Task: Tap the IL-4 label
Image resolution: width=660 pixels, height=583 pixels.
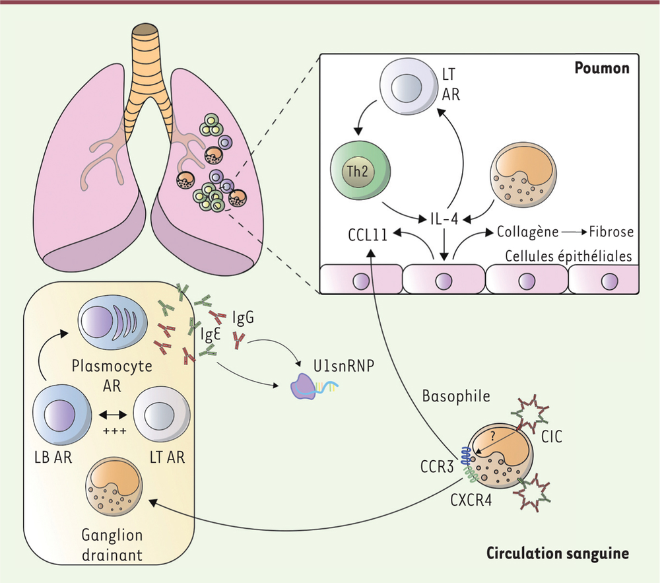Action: tap(444, 219)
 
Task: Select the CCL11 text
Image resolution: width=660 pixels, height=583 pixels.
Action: tap(368, 235)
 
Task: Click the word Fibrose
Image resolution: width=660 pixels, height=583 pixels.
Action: tap(610, 232)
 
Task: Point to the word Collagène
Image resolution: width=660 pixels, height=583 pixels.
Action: tap(528, 232)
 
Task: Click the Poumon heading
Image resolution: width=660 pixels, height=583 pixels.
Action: tap(602, 68)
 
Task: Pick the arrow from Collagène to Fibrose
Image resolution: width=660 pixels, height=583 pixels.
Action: tap(574, 232)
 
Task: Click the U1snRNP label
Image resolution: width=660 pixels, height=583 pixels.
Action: tap(344, 366)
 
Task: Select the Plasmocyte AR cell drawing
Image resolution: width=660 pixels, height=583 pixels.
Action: tap(113, 324)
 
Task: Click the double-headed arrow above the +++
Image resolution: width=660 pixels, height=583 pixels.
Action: tap(113, 415)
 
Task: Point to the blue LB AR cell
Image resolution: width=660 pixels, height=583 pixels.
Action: tap(62, 413)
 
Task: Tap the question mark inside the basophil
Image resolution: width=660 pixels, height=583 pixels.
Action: tap(493, 436)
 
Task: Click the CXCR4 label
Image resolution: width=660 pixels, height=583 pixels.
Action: tap(471, 500)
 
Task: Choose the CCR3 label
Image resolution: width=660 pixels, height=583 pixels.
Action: tap(437, 466)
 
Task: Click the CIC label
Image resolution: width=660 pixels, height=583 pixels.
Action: tap(551, 437)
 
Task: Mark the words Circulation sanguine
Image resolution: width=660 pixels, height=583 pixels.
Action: tap(558, 553)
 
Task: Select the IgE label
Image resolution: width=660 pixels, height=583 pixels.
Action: tap(211, 334)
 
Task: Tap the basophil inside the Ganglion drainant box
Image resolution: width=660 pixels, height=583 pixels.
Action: tap(114, 486)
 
